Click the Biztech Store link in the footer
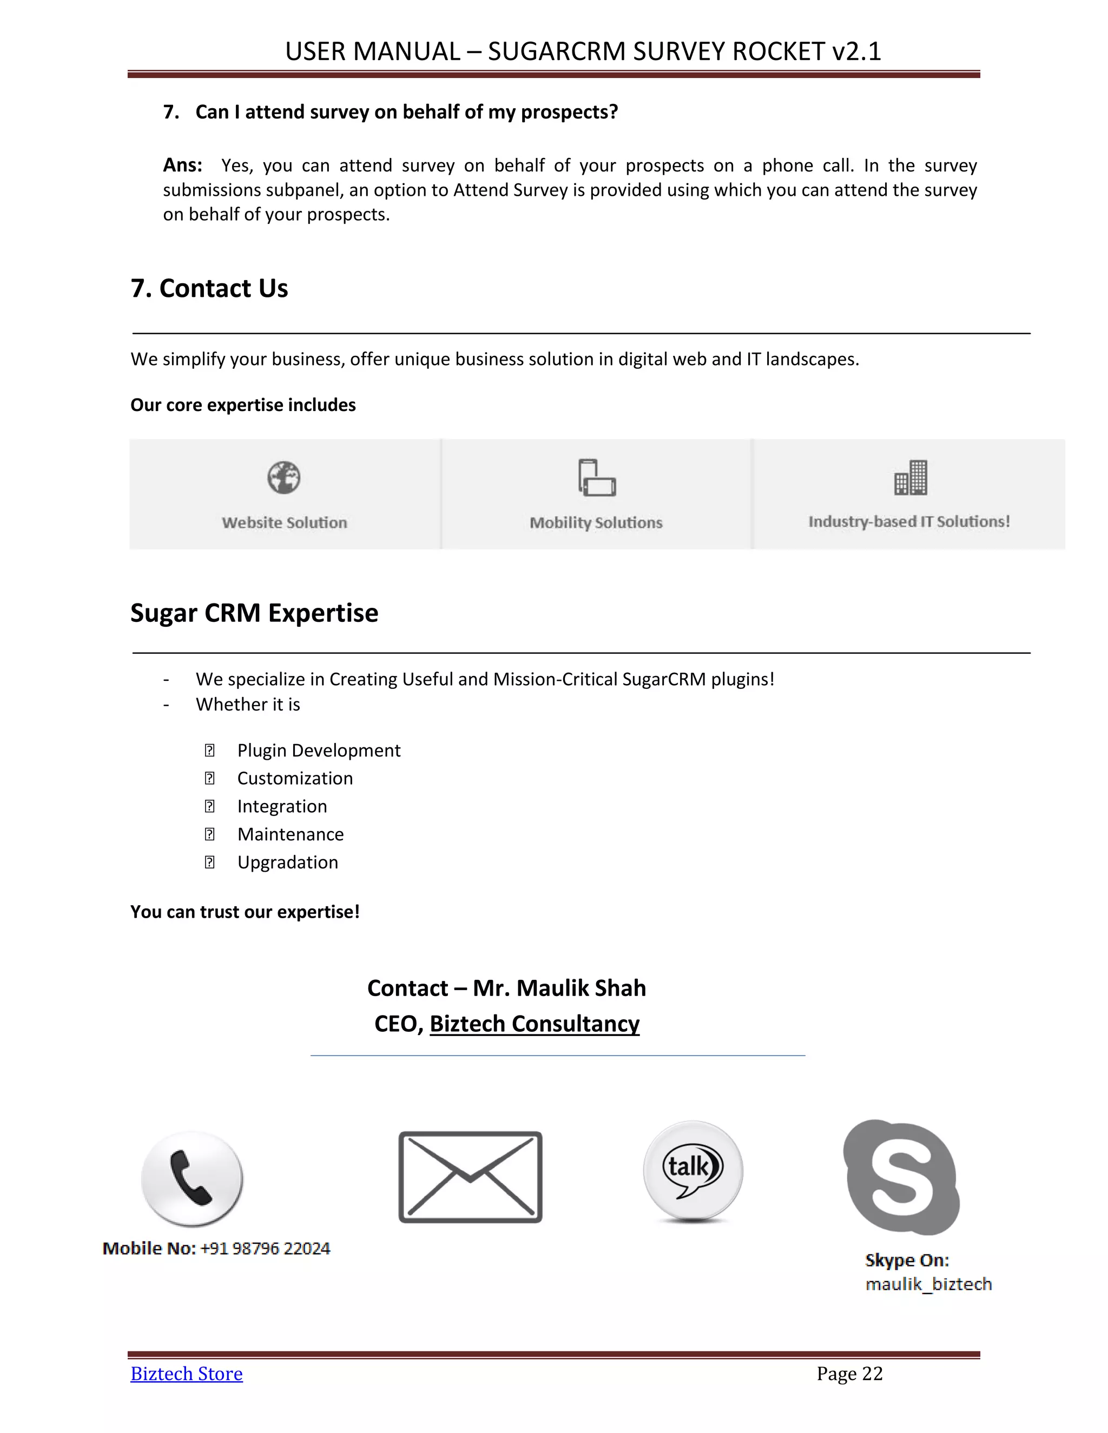187,1374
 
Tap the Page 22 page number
849,1374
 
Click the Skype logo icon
902,1177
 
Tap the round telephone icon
192,1178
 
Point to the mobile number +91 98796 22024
265,1248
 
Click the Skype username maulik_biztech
928,1284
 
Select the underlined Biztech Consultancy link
535,1024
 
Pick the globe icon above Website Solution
283,477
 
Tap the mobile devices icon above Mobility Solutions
597,477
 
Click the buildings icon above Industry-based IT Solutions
911,477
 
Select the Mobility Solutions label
596,522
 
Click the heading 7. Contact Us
209,288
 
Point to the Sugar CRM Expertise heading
254,613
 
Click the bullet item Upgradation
287,862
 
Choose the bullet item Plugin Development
318,750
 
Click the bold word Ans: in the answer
182,165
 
